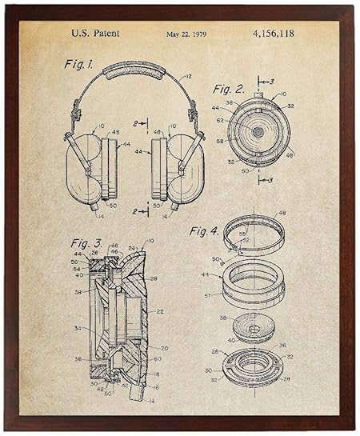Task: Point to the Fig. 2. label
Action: tap(229, 89)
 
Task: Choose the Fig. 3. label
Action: tap(86, 242)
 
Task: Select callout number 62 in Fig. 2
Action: tap(219, 121)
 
